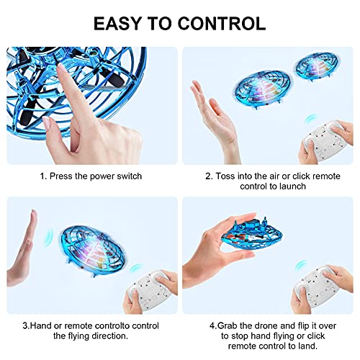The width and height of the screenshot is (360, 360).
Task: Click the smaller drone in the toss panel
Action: pos(315,72)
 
